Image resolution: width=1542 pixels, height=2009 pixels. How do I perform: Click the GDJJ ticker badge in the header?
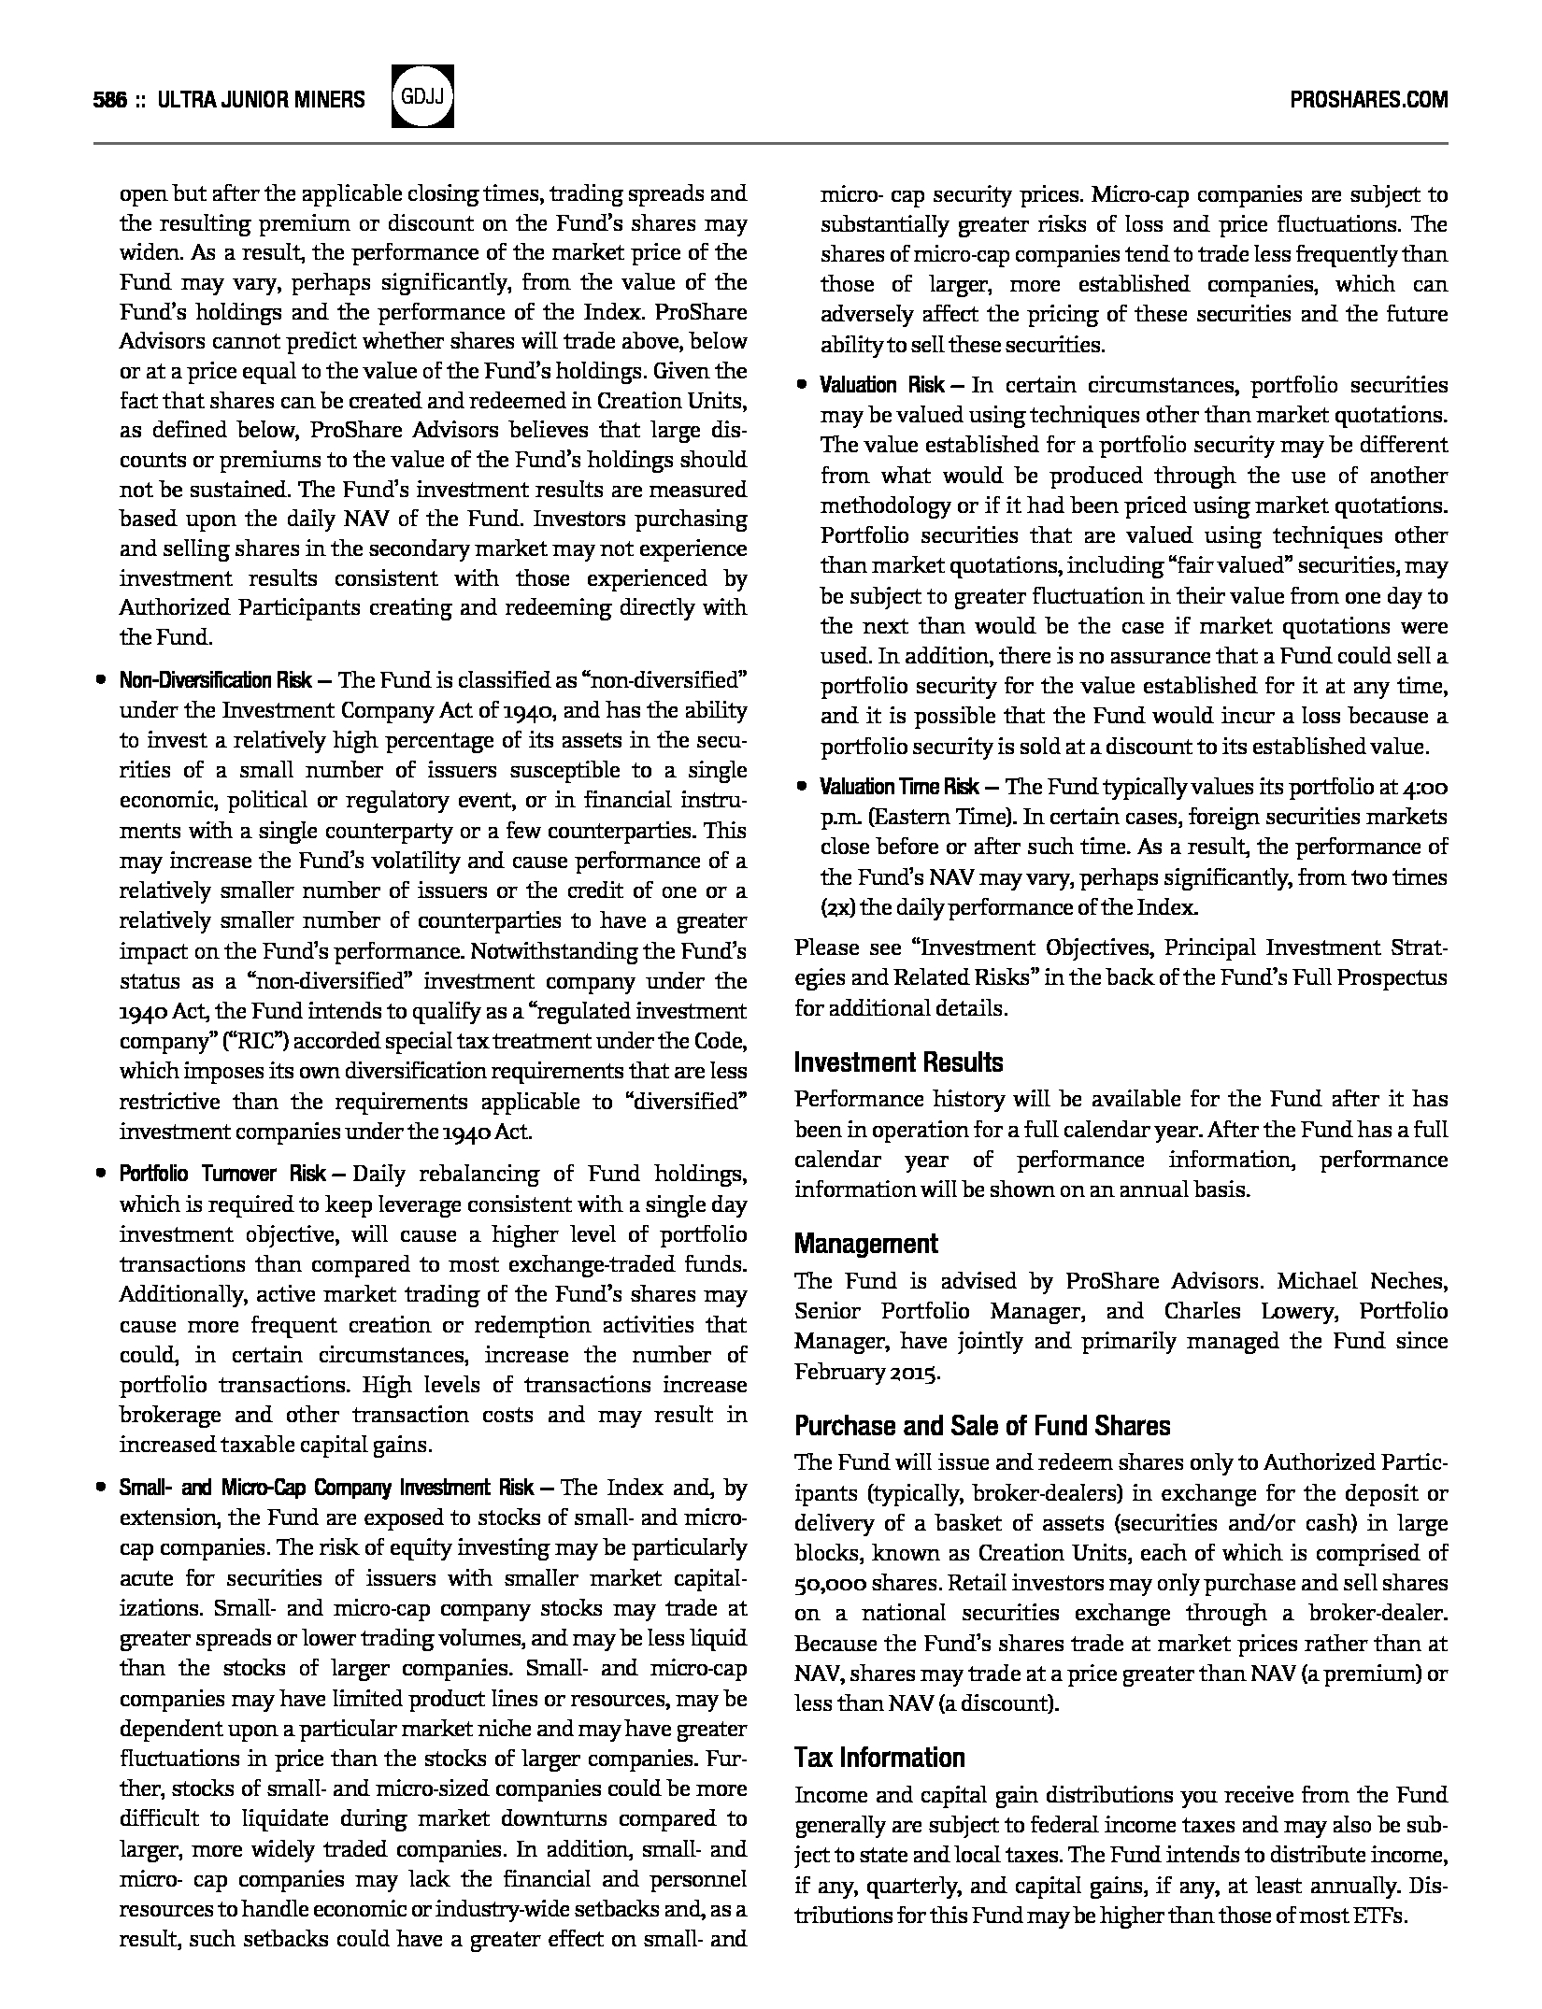422,97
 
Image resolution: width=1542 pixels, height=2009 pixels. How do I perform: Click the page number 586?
110,100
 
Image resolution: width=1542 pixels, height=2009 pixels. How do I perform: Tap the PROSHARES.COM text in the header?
1368,100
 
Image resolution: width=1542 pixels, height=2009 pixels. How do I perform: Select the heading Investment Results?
898,1062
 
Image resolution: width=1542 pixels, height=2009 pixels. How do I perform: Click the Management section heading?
865,1244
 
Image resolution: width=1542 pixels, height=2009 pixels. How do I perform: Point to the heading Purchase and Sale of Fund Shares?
982,1426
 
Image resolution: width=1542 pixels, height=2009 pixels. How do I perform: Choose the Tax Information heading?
879,1758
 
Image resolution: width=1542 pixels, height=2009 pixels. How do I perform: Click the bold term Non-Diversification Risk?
216,680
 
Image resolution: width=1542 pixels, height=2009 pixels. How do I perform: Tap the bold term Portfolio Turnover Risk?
222,1174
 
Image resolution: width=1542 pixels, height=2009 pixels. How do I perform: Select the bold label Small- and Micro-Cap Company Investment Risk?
327,1488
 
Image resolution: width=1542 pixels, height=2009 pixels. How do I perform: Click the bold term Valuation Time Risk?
899,787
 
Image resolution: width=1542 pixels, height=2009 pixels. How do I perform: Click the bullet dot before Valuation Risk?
802,385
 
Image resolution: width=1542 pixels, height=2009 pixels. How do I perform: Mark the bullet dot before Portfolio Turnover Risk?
101,1174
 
